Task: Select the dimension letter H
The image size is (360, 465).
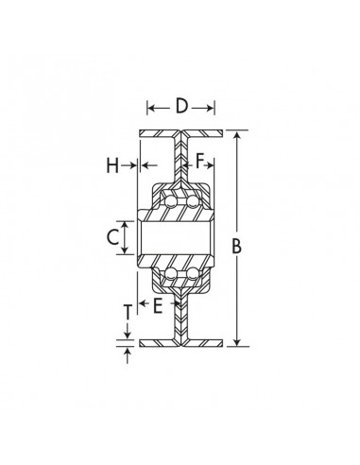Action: [x=112, y=166]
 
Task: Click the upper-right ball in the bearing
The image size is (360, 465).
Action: [x=192, y=202]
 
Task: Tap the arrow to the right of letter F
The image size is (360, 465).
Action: [x=213, y=166]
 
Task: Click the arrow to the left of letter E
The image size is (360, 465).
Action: [x=145, y=304]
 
